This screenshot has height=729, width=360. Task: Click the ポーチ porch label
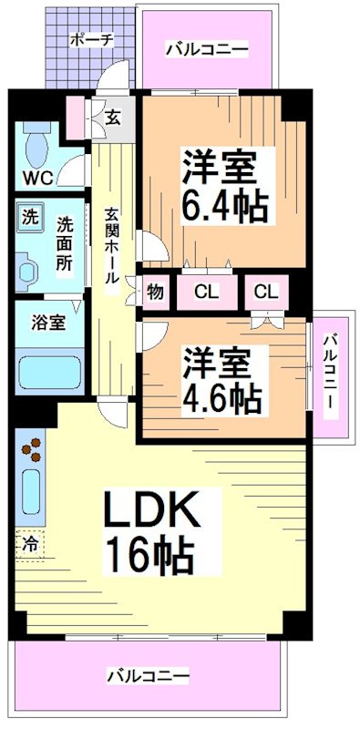(x=91, y=40)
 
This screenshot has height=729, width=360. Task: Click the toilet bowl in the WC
(x=39, y=146)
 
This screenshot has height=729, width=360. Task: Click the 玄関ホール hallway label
(x=111, y=246)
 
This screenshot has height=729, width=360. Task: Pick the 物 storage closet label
(x=155, y=293)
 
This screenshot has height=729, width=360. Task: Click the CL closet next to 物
(x=207, y=293)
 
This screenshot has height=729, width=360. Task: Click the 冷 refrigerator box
(x=30, y=543)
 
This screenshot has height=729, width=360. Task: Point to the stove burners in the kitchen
(x=32, y=452)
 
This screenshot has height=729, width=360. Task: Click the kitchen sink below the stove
(x=30, y=492)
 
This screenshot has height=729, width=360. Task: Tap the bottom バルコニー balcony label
(x=147, y=677)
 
